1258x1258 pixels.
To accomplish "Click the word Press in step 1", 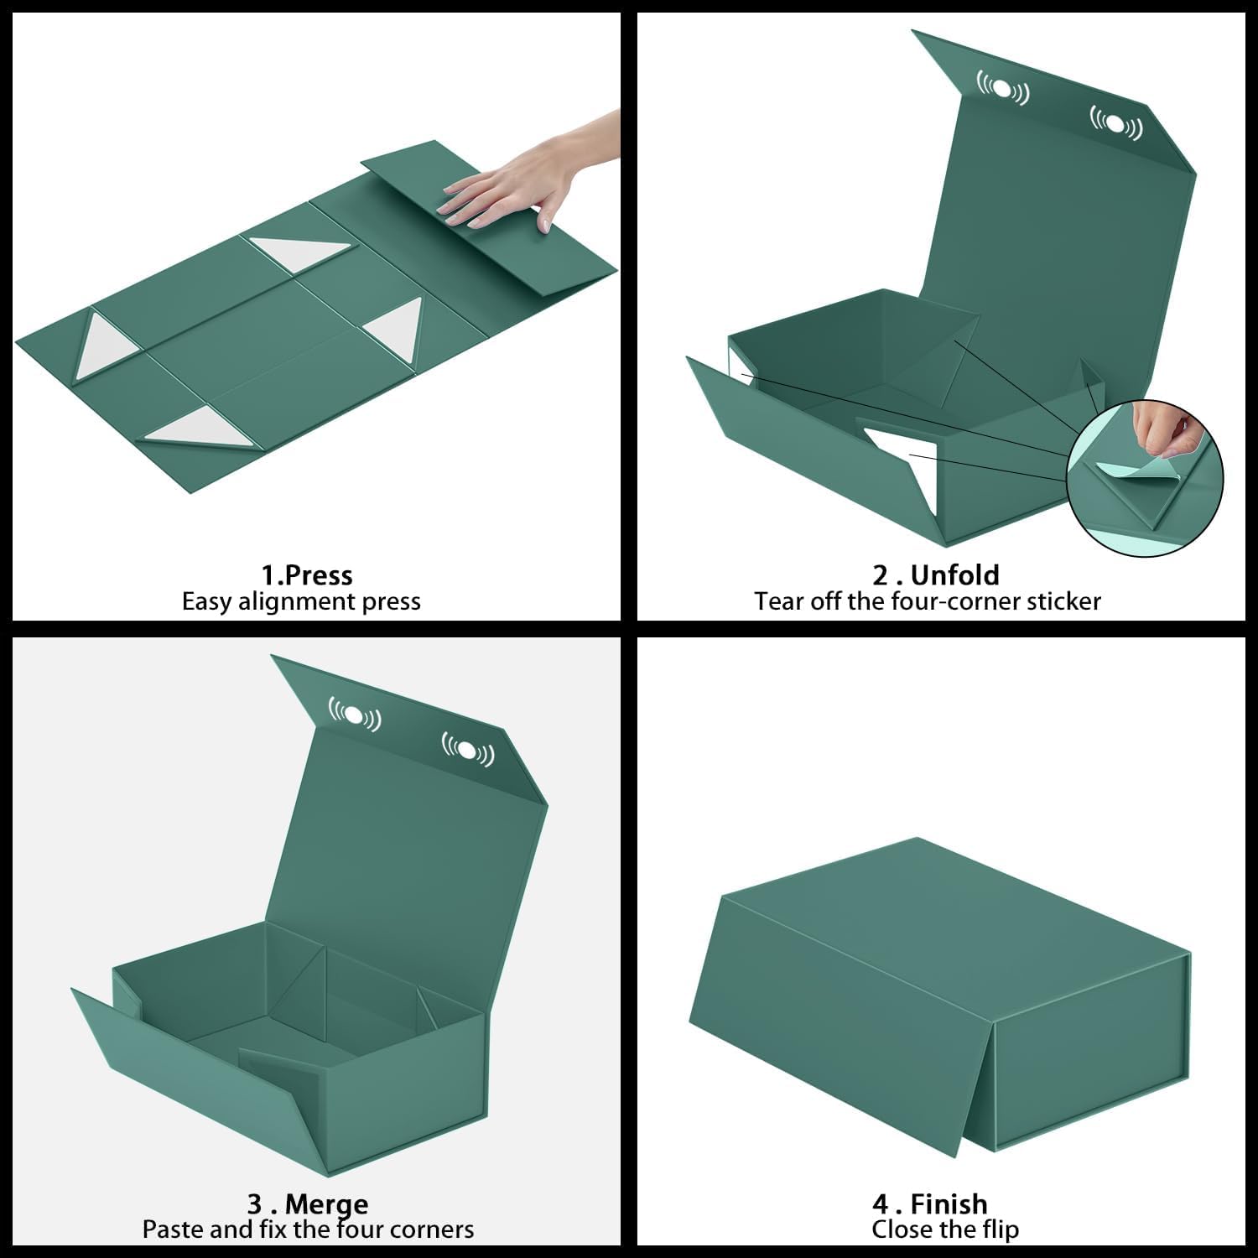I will click(x=318, y=575).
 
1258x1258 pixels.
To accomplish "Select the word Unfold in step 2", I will click(x=954, y=575).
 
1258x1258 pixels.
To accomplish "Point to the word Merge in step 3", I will click(x=326, y=1204).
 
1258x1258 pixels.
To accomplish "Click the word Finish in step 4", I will click(x=949, y=1204).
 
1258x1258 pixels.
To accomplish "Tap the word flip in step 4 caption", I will click(x=999, y=1229).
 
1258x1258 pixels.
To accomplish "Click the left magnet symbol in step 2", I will click(x=1003, y=89).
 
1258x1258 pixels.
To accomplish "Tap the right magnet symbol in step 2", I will click(x=1115, y=124).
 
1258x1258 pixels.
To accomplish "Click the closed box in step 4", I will click(x=939, y=990).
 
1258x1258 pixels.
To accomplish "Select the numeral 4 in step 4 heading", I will click(x=880, y=1204).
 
